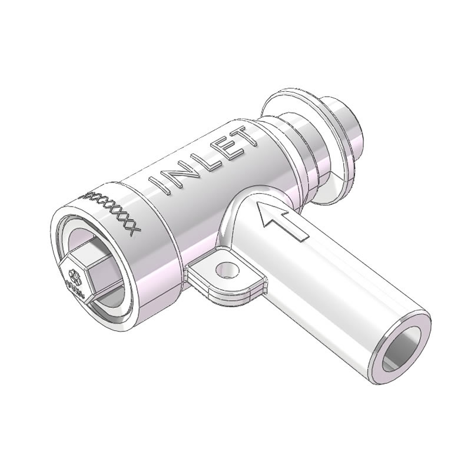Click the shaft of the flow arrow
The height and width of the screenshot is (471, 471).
point(291,228)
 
